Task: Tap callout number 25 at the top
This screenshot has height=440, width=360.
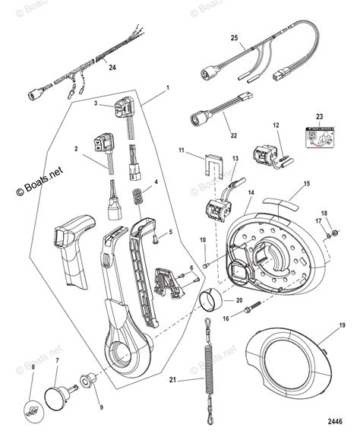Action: point(234,37)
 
